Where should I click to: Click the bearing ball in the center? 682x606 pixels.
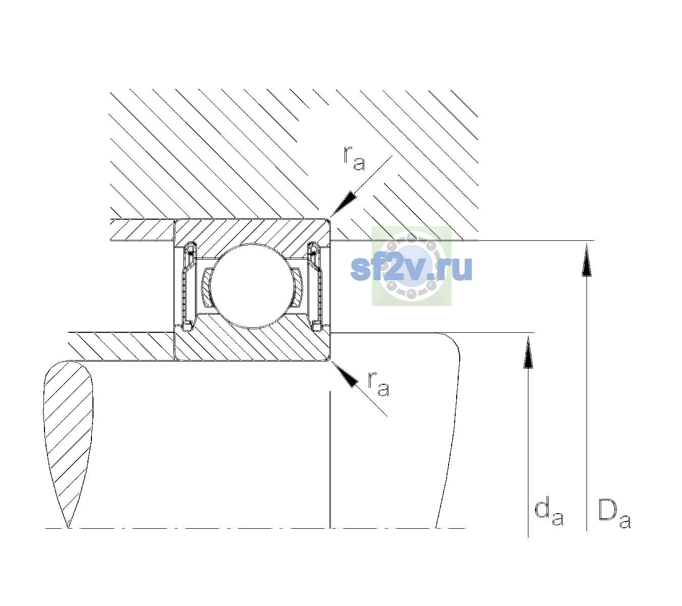point(252,286)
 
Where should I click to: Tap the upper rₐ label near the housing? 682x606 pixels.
point(354,158)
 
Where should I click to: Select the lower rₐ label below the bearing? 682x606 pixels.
point(378,384)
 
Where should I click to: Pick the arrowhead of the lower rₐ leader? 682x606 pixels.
point(345,374)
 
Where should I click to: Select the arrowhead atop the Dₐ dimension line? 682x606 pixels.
point(587,260)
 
